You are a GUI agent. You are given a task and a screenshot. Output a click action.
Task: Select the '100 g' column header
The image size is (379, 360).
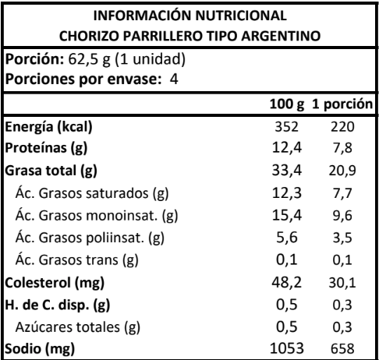coord(287,104)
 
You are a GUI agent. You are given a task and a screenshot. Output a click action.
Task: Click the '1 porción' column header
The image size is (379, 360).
coord(342,104)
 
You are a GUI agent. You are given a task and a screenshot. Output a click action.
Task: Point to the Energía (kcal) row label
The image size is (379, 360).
coord(48,127)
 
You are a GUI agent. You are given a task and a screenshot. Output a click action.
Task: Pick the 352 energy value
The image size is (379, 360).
coord(287,127)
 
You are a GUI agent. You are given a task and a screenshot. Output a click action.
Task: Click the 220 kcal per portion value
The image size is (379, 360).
coord(342,127)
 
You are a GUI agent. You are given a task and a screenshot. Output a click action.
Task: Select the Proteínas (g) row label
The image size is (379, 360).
coord(46,148)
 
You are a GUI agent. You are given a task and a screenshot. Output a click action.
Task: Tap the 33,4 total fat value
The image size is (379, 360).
coord(287,171)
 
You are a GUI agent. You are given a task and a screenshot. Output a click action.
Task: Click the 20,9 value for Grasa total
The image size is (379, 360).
coord(342,171)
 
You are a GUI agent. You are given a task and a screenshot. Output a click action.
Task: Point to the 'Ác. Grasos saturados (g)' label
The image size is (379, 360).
coord(92,193)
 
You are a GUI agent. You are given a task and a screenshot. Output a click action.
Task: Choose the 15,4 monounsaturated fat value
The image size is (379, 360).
coord(287,215)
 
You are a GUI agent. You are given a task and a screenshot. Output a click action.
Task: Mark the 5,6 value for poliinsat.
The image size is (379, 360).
coord(287,238)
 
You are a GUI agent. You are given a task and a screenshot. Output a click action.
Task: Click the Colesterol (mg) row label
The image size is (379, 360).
coord(55,283)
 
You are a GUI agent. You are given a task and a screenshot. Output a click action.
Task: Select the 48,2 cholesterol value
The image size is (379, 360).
coord(287,282)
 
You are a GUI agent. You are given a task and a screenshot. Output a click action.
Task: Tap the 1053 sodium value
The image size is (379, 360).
coord(287,348)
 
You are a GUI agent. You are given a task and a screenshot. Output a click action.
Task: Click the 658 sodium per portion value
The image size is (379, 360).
coord(342,348)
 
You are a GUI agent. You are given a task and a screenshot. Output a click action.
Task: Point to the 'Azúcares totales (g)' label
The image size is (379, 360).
coord(78,327)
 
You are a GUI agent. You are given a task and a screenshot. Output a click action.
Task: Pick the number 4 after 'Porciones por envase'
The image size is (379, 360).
coord(174,79)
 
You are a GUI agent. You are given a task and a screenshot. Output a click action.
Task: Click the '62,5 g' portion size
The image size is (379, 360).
coord(89,60)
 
